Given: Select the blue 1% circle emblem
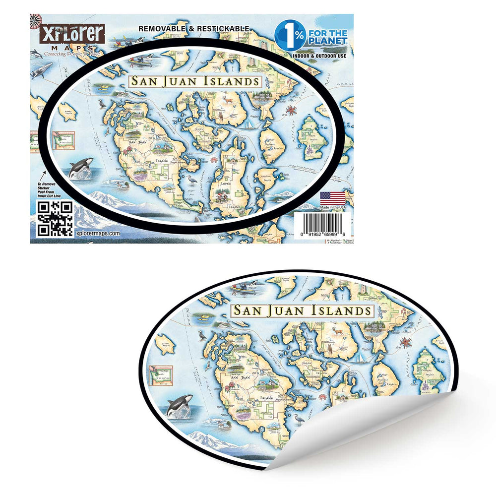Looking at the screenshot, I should click(x=289, y=36).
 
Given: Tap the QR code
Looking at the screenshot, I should click(x=55, y=218).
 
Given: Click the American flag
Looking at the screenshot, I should click(x=332, y=197).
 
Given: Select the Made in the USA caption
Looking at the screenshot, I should click(x=332, y=206).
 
